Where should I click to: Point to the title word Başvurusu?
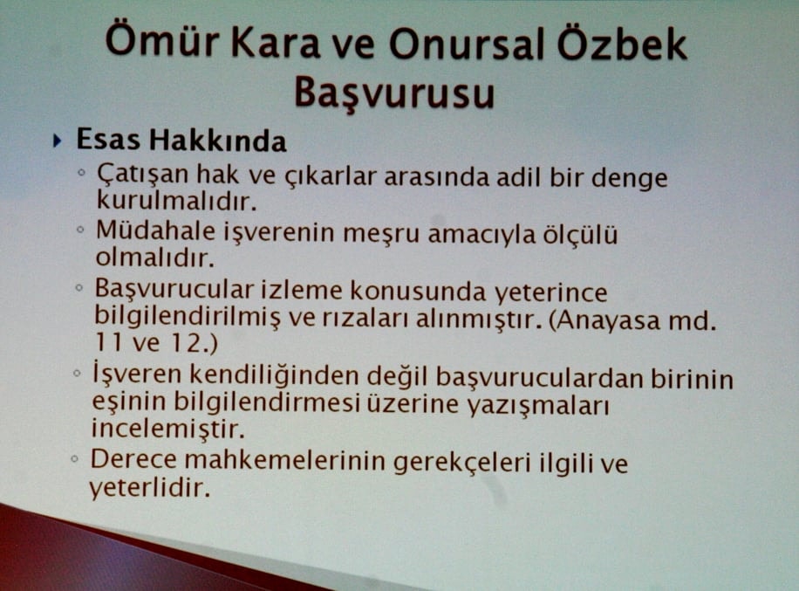coord(394,92)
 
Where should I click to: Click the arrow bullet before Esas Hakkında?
coord(58,140)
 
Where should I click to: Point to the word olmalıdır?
coord(152,259)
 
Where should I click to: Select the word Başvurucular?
coord(174,291)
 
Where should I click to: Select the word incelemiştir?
coord(169,430)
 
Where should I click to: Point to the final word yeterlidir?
coord(149,490)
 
